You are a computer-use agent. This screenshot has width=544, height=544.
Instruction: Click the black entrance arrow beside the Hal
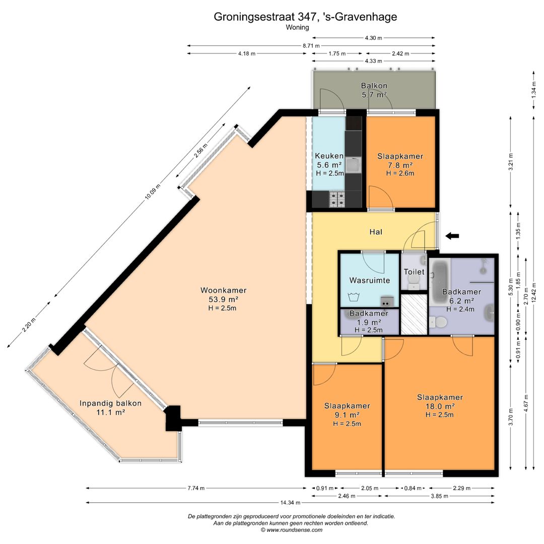point(452,236)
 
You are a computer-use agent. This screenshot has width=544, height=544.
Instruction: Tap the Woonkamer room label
point(224,291)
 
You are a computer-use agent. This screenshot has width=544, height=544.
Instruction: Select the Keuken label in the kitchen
point(329,156)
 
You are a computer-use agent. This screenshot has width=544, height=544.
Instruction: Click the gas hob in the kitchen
point(337,199)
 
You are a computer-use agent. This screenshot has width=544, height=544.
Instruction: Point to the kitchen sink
point(353,165)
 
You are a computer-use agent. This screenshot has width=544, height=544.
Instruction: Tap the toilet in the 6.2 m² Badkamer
point(438,322)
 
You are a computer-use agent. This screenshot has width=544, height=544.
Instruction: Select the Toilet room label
point(414,271)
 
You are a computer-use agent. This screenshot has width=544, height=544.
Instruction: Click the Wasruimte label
point(370,281)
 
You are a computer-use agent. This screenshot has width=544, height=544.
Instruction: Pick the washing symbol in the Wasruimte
point(354,297)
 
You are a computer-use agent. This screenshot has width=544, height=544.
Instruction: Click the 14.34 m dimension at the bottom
point(291,502)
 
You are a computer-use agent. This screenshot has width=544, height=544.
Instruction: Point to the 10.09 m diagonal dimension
point(153,191)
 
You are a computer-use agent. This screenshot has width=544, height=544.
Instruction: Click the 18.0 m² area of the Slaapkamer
point(440,406)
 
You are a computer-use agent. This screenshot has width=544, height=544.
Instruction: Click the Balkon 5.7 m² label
point(374,90)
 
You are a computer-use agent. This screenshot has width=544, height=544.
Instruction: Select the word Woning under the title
point(297,27)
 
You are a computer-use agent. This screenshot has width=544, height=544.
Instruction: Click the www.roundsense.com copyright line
point(292,530)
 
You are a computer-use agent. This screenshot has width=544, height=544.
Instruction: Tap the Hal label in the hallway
point(376,232)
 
